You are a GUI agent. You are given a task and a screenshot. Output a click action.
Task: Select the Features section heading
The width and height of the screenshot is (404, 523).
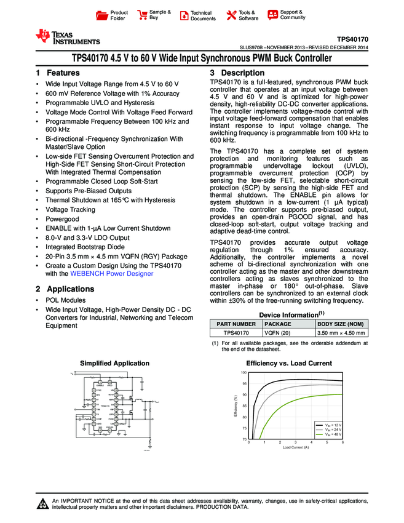pos(58,73)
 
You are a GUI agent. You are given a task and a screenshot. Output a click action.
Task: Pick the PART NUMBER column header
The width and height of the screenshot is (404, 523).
pos(236,324)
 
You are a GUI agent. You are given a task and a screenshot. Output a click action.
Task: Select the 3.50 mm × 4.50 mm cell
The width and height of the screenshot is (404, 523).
pos(341,333)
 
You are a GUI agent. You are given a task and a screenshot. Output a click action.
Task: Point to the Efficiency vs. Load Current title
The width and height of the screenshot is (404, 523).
pos(289,364)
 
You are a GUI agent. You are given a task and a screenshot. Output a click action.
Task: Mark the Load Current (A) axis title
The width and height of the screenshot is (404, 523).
pos(296,447)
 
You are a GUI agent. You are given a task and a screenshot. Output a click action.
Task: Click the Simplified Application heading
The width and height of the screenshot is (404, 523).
pos(115,364)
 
